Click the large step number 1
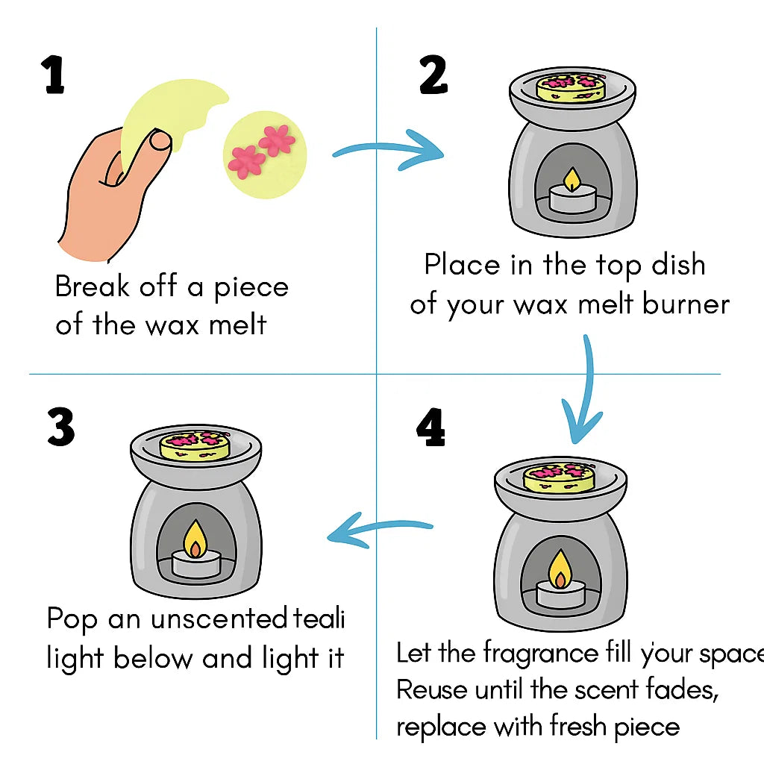[x=54, y=75]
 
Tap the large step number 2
[x=433, y=75]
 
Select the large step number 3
[x=60, y=428]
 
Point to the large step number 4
[x=431, y=428]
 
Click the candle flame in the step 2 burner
[x=572, y=179]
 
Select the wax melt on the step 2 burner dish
[x=572, y=87]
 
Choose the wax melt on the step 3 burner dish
[x=195, y=445]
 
